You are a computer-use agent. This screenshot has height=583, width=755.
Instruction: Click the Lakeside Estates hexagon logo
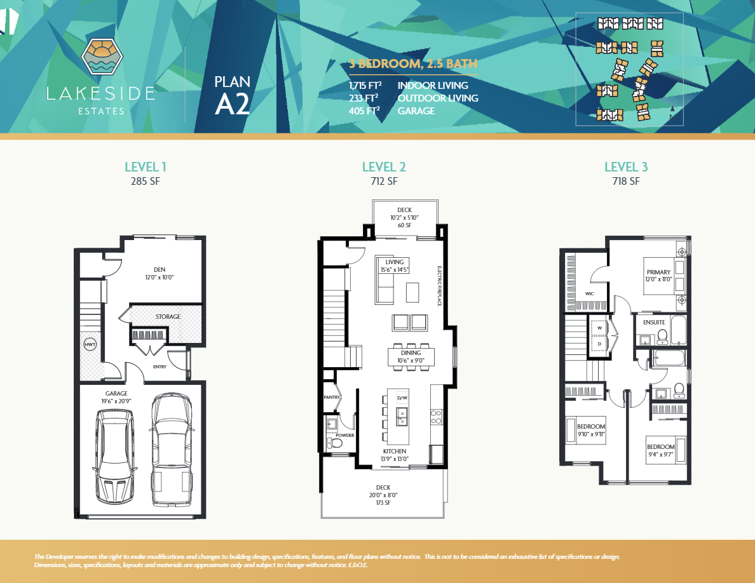pos(102,57)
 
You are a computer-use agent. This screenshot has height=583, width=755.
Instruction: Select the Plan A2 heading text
pos(232,96)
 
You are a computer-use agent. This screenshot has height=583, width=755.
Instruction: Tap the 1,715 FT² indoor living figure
pos(364,85)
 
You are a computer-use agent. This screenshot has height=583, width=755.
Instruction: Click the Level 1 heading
pos(146,167)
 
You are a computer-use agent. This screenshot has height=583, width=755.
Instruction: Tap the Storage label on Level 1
pos(168,316)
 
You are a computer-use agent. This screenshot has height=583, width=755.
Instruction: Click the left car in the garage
pos(114,455)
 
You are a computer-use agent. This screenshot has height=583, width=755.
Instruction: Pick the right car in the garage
pos(171,450)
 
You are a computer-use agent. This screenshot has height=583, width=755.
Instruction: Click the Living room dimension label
pos(395,266)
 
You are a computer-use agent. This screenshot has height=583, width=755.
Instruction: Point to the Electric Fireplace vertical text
pos(439,286)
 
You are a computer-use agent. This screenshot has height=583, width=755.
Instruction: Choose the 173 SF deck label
pos(383,502)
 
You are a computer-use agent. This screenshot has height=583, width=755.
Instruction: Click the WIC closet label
pos(589,294)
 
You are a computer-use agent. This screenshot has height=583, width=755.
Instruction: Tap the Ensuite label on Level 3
pos(653,323)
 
